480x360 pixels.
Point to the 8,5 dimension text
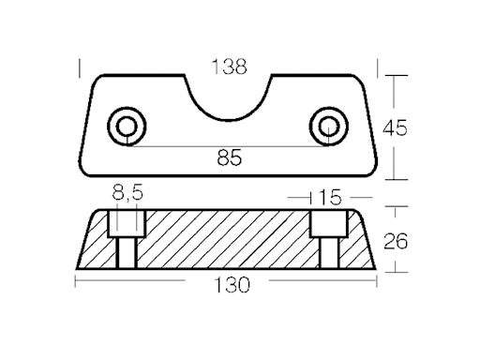127,196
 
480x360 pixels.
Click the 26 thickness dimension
396,242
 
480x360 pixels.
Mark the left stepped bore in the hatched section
126,240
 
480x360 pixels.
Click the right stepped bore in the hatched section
326,240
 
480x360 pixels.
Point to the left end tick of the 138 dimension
82,68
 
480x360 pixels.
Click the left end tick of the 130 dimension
76,284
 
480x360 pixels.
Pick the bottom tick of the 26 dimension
396,272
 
